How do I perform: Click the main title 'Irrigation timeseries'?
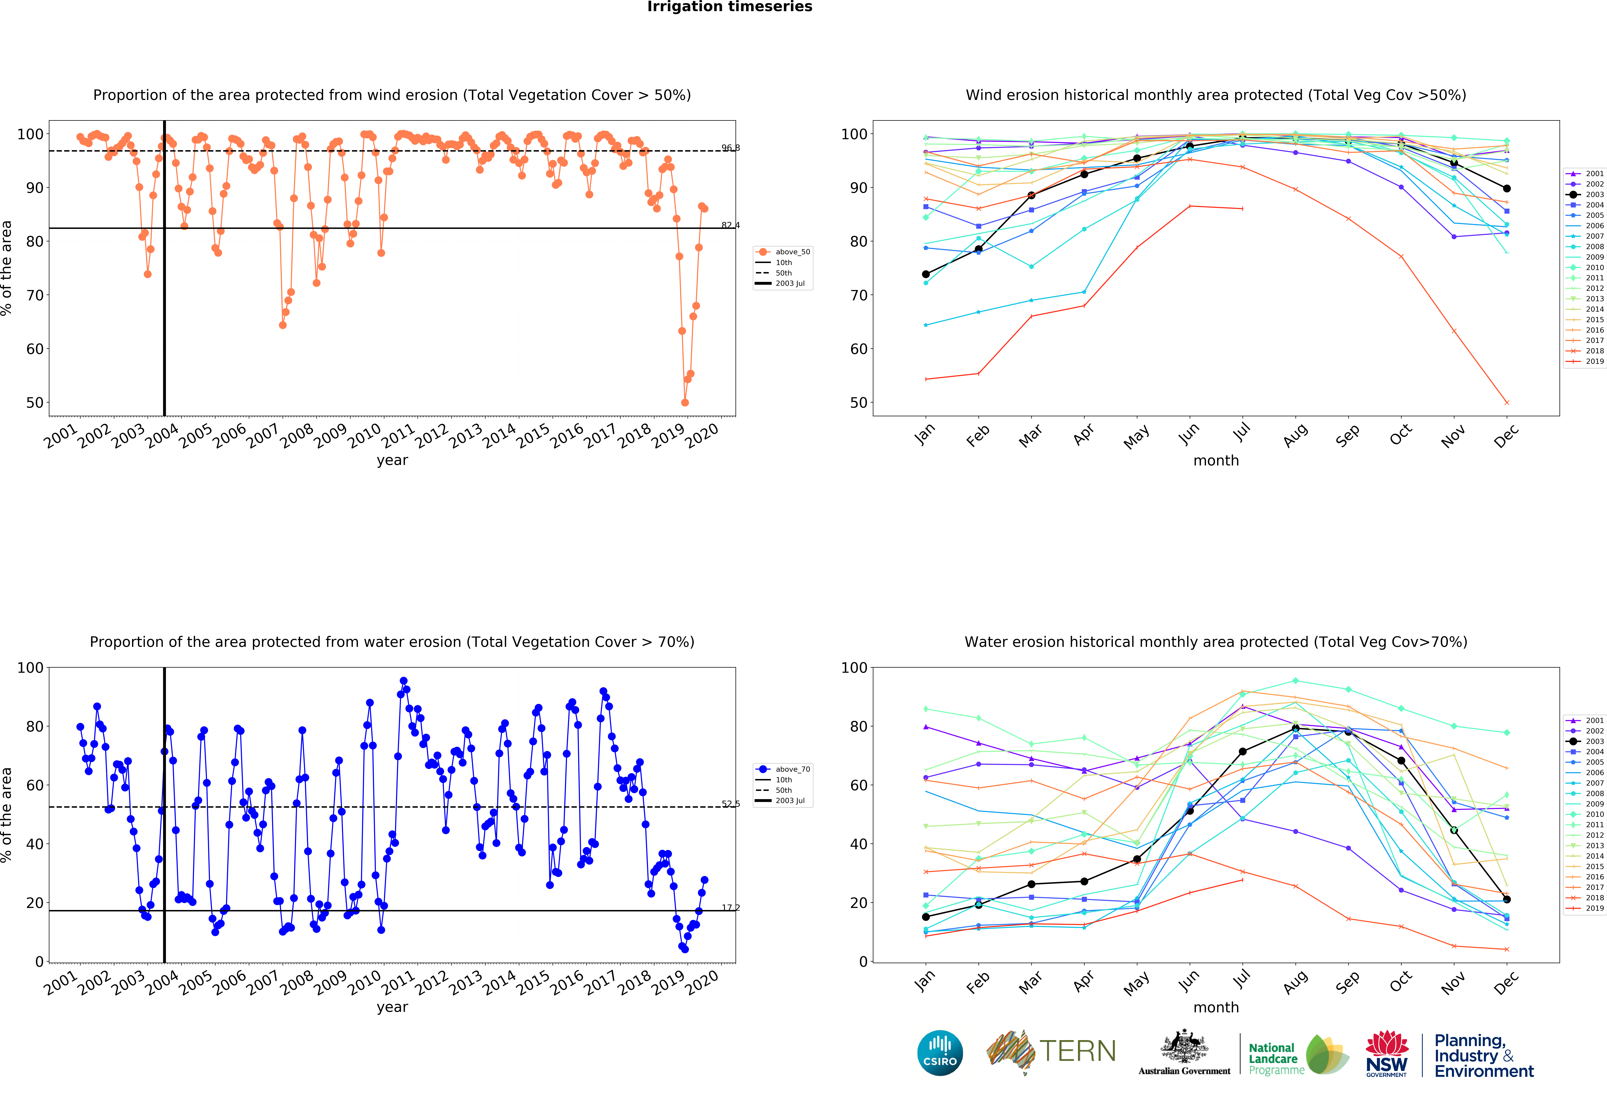click(730, 7)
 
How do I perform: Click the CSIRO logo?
click(940, 1053)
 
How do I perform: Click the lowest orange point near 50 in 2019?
click(685, 402)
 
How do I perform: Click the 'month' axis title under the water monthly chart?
click(1216, 1007)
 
